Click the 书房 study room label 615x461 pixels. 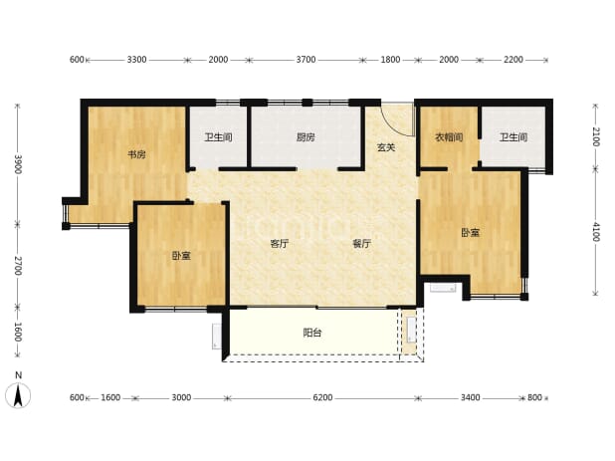pyautogui.click(x=136, y=154)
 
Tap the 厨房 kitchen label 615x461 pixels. pyautogui.click(x=306, y=137)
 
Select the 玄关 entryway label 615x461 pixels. pyautogui.click(x=386, y=147)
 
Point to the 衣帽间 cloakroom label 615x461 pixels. pyautogui.click(x=449, y=137)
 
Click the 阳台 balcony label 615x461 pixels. pyautogui.click(x=312, y=334)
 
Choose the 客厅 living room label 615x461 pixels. pyautogui.click(x=280, y=244)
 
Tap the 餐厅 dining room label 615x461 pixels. pyautogui.click(x=361, y=244)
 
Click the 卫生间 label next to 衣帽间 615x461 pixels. pyautogui.click(x=513, y=137)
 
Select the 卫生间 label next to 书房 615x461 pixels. pyautogui.click(x=219, y=137)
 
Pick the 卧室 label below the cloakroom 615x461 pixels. pyautogui.click(x=470, y=233)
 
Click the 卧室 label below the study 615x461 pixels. pyautogui.click(x=181, y=256)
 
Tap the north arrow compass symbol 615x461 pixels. pyautogui.click(x=18, y=395)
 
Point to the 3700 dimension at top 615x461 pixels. pyautogui.click(x=306, y=60)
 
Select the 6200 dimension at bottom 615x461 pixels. pyautogui.click(x=322, y=398)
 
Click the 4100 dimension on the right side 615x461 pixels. pyautogui.click(x=596, y=232)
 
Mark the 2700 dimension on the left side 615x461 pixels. pyautogui.click(x=18, y=266)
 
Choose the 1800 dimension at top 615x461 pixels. pyautogui.click(x=391, y=60)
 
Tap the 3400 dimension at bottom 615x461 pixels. pyautogui.click(x=471, y=398)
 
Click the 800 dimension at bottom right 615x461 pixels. pyautogui.click(x=534, y=398)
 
